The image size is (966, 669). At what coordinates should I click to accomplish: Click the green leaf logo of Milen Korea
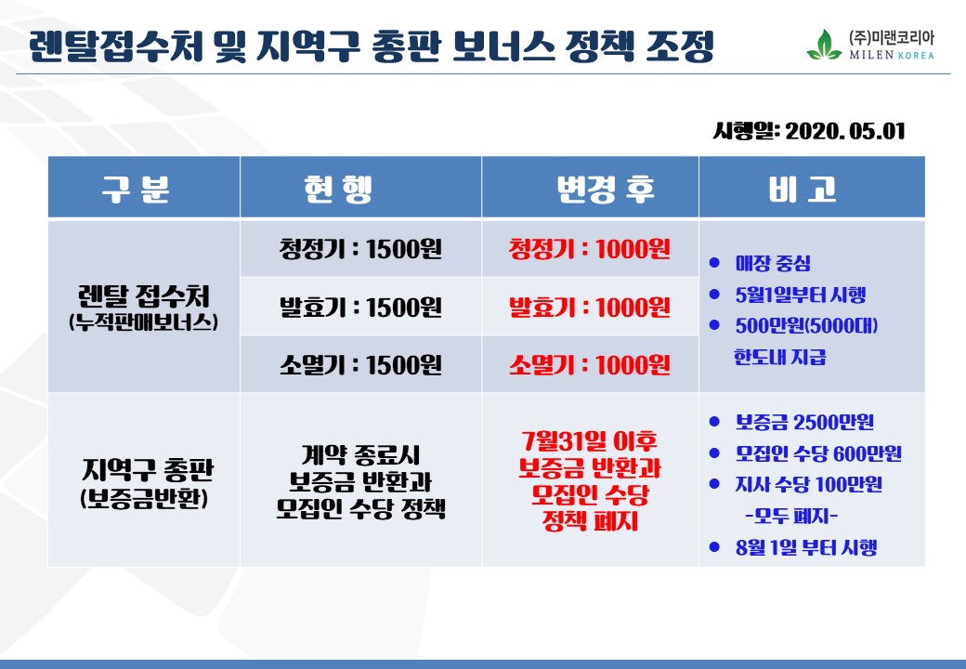pos(824,45)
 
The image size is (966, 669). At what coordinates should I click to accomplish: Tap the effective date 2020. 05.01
pos(845,131)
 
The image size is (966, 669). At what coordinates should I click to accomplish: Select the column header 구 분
pos(136,189)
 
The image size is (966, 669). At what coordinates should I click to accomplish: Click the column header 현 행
pos(338,189)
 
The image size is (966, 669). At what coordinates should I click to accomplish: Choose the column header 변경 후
pos(605,189)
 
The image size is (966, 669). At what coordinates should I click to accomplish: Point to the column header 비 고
pos(803,189)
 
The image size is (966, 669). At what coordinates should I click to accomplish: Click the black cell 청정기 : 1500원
pos(360,249)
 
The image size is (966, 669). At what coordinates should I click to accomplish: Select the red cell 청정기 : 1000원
pos(589,249)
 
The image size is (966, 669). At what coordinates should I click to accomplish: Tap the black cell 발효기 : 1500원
pos(360,307)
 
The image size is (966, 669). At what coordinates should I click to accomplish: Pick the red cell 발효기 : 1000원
pos(589,307)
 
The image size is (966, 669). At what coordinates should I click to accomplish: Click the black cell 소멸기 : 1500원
pos(360,364)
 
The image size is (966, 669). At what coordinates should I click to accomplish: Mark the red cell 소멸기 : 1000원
pos(589,364)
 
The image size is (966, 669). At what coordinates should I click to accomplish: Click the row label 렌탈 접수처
pos(144,295)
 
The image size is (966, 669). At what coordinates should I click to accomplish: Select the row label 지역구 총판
pos(148,470)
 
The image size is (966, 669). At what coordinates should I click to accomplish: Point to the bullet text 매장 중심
pos(773,264)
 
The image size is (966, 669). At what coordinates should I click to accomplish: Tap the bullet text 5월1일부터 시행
pos(801,295)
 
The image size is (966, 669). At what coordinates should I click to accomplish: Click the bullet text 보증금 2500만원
pos(804,422)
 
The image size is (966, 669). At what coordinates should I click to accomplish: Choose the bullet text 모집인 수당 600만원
pos(818,453)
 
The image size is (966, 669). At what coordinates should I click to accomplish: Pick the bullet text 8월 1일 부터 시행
pos(806,547)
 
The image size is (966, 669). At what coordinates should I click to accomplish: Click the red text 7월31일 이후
pos(590,440)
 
